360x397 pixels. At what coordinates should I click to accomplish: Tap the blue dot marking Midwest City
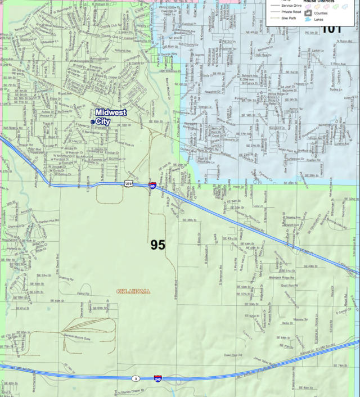[x=93, y=121]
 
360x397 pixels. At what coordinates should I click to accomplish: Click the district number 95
[x=157, y=245]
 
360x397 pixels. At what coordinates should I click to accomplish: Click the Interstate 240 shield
[x=158, y=380]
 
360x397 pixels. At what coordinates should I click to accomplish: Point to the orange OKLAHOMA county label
[x=133, y=291]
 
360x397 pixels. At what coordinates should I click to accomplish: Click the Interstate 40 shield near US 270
[x=152, y=184]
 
